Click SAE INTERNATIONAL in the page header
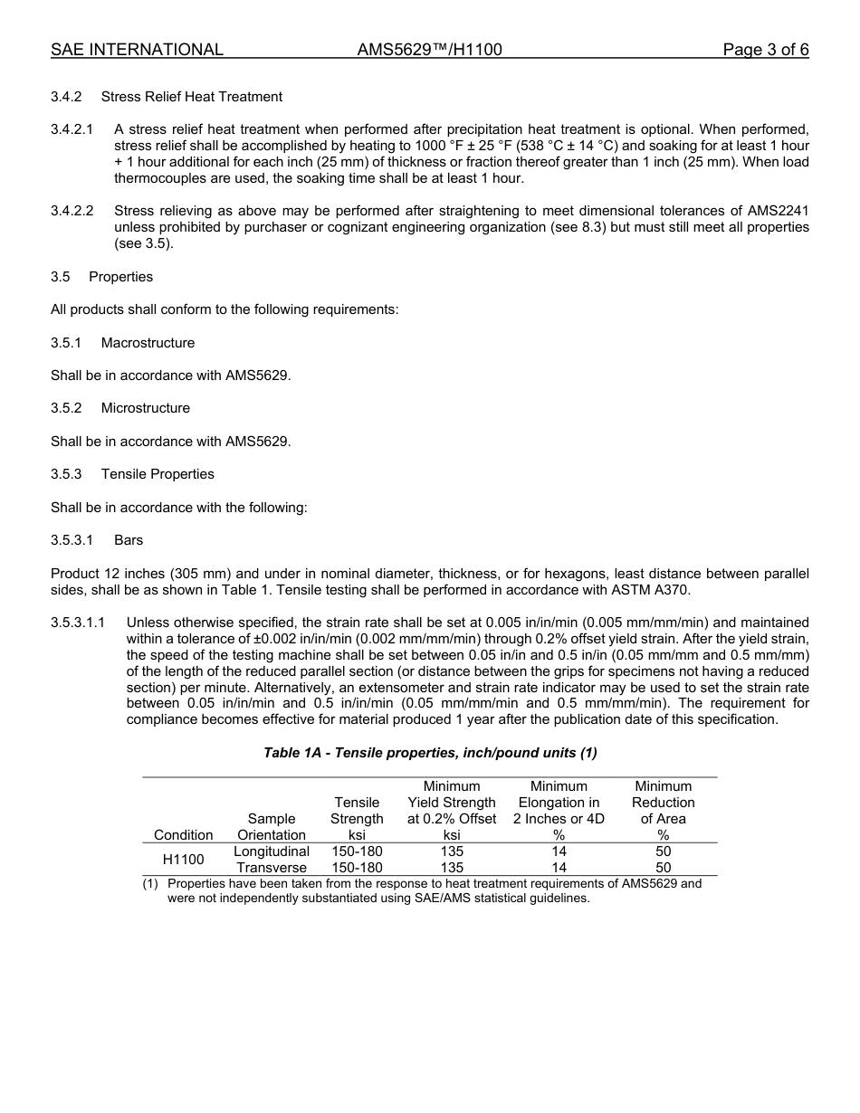click(x=137, y=50)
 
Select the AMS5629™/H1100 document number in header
click(x=429, y=50)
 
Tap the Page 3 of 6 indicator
click(x=765, y=50)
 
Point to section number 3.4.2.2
click(x=72, y=211)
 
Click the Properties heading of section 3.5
click(x=120, y=277)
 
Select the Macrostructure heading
click(x=148, y=343)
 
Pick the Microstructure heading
click(x=145, y=408)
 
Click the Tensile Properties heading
click(x=158, y=474)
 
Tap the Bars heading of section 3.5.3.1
click(x=129, y=540)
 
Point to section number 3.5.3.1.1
click(x=79, y=623)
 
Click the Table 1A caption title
click(x=430, y=753)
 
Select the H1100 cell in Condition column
click(x=183, y=860)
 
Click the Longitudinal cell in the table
click(x=272, y=851)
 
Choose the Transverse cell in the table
click(x=272, y=868)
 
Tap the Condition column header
click(x=184, y=835)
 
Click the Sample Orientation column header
click(x=272, y=827)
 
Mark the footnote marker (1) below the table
click(x=150, y=884)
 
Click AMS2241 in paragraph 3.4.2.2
click(x=778, y=211)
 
